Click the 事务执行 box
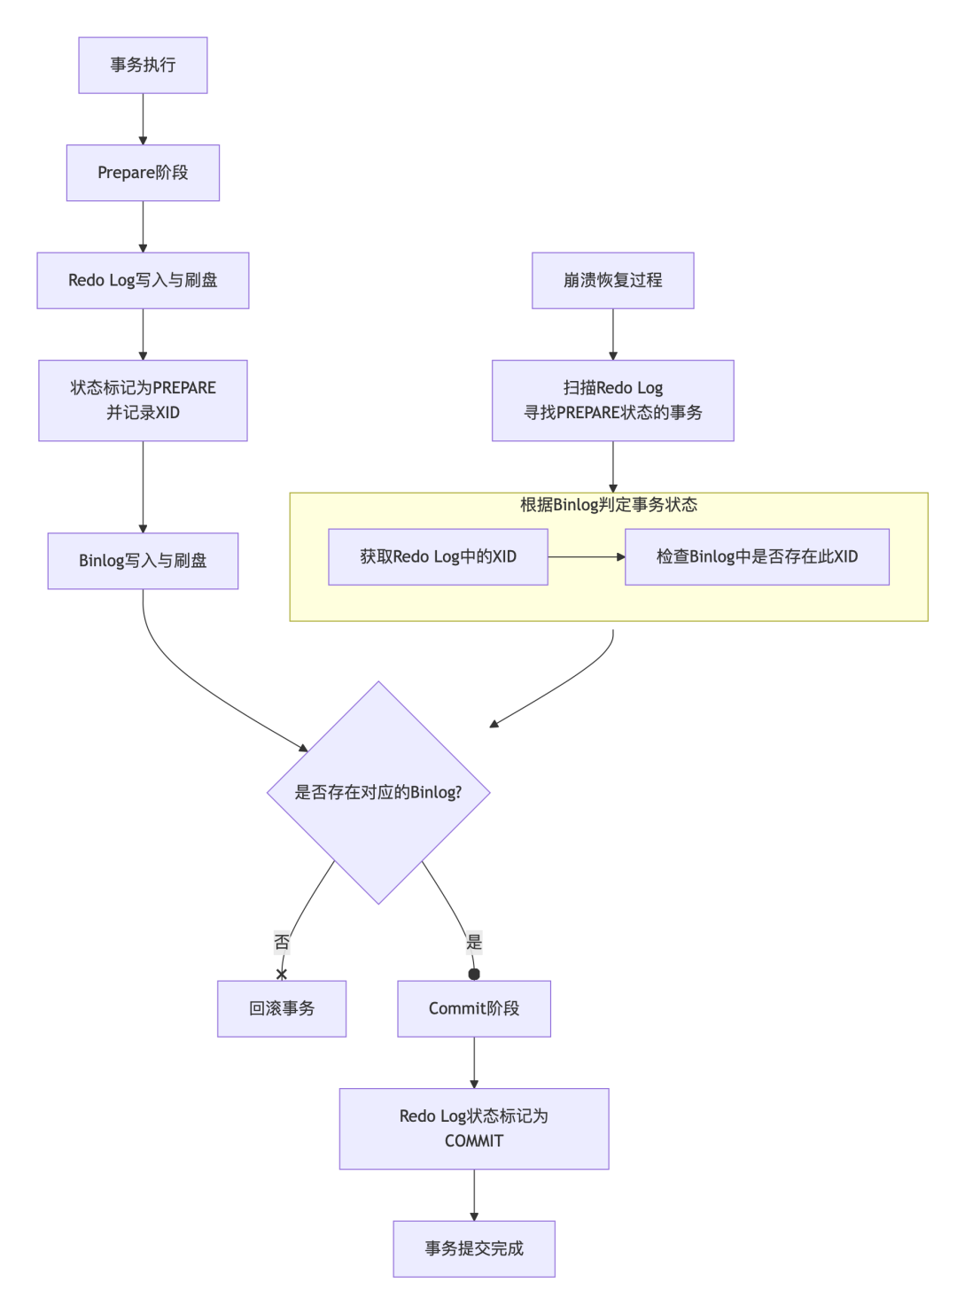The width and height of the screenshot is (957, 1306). click(x=143, y=65)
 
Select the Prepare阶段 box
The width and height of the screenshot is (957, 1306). click(x=143, y=173)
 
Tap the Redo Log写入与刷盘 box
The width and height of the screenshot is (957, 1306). click(x=143, y=280)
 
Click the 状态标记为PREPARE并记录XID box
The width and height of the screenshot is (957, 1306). click(x=143, y=400)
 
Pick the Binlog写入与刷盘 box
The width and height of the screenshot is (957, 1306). click(x=143, y=560)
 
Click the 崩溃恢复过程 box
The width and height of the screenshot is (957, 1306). click(x=612, y=280)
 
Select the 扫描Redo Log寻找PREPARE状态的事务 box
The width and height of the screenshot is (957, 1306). click(x=612, y=400)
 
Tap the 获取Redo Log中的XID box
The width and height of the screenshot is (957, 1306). click(x=438, y=556)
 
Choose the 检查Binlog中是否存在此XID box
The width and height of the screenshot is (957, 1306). click(x=757, y=556)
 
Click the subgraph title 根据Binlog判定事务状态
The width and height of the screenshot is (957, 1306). click(x=609, y=505)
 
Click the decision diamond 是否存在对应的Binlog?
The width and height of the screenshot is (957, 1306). click(x=378, y=792)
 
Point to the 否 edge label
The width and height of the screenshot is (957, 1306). click(x=282, y=942)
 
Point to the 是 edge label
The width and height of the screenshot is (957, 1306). click(x=474, y=942)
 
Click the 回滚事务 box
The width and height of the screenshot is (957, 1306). click(x=282, y=1008)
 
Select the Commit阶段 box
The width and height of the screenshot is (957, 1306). click(x=474, y=1008)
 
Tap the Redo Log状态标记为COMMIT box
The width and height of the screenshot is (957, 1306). click(x=474, y=1128)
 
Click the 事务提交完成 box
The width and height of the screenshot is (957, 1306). click(x=474, y=1248)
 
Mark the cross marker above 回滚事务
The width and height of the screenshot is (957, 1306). click(x=282, y=974)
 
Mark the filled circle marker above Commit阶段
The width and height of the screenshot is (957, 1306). click(x=474, y=974)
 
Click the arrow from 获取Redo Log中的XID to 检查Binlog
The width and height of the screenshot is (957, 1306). click(x=586, y=556)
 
